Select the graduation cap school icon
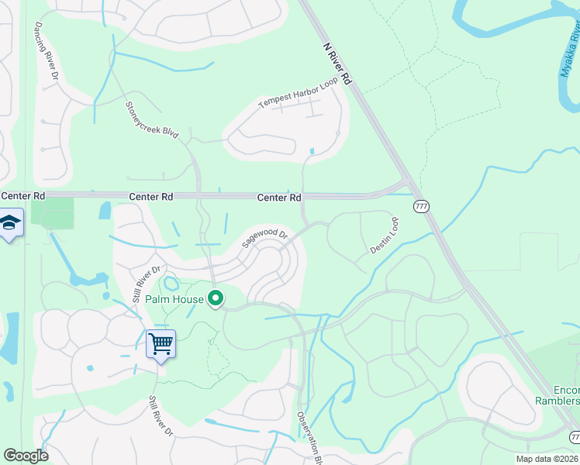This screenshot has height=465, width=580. click(x=10, y=222)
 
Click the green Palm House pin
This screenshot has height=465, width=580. click(x=216, y=298)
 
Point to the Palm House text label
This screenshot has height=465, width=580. click(x=178, y=299)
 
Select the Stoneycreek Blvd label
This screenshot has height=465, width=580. click(x=153, y=119)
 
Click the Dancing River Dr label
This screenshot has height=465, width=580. click(x=46, y=51)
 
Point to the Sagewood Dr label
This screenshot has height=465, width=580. click(x=264, y=237)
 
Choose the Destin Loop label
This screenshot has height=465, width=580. click(x=385, y=236)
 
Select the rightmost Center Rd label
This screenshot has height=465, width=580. click(x=279, y=198)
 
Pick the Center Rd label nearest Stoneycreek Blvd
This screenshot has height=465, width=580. click(x=150, y=198)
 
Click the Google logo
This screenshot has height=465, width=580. click(x=26, y=456)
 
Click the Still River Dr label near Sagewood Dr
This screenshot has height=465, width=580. click(x=146, y=284)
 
